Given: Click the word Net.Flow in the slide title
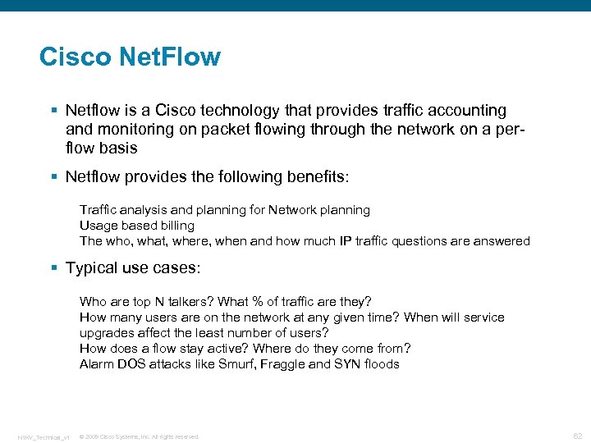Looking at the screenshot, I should click(x=170, y=57).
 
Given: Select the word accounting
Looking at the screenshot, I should click(x=465, y=110).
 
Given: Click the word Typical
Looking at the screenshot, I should click(x=92, y=268).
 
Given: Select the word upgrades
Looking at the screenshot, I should click(x=108, y=333).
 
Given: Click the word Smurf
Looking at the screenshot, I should click(x=237, y=364).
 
